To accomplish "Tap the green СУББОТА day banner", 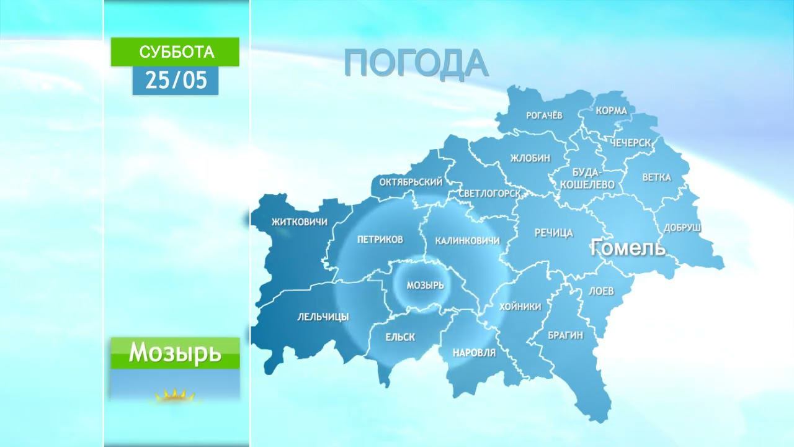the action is tap(175, 52).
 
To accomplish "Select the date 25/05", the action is tap(175, 80).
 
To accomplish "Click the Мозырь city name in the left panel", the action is tap(175, 353).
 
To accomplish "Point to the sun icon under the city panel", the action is tap(175, 395).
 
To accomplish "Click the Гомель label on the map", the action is tap(628, 248).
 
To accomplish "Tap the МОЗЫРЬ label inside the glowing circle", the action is tap(425, 286).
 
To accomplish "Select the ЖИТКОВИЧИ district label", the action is tap(299, 222).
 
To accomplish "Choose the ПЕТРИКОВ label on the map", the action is tap(380, 239).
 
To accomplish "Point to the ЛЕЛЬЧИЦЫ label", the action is tap(323, 317).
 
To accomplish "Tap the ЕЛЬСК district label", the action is tap(400, 337).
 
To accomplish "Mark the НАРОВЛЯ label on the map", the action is tap(475, 353).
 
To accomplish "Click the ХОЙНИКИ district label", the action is tap(520, 307).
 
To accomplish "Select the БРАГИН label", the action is tap(565, 335).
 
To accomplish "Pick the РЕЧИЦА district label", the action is tap(553, 233).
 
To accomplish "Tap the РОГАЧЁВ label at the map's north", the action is tap(544, 115).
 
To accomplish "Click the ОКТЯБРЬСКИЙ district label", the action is tap(411, 182).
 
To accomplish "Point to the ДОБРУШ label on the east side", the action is tap(682, 228).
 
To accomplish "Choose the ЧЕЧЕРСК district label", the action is tap(630, 143).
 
